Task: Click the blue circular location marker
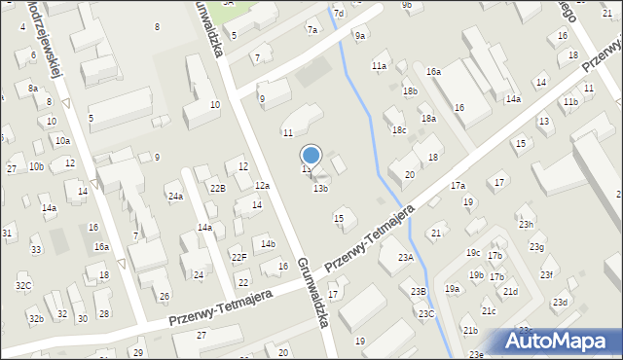(x=311, y=155)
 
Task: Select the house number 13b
(x=320, y=189)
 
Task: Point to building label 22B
(x=217, y=189)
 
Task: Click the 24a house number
(x=175, y=197)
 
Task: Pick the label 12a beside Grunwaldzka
(x=262, y=186)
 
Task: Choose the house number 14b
(x=268, y=243)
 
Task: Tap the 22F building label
(x=238, y=257)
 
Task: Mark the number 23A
(x=406, y=258)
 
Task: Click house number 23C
(x=426, y=313)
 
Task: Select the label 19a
(x=452, y=289)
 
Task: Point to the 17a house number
(x=457, y=185)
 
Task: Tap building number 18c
(x=398, y=129)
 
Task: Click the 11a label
(x=379, y=65)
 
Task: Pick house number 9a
(x=360, y=36)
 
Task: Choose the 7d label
(x=339, y=14)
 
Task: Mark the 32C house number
(x=23, y=285)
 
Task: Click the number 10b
(x=36, y=166)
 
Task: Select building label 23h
(x=526, y=225)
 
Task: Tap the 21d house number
(x=510, y=292)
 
